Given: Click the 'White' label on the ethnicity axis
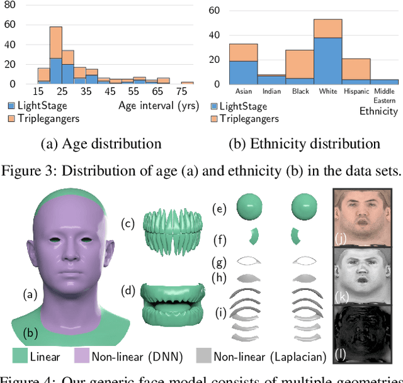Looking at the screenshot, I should tap(327, 91).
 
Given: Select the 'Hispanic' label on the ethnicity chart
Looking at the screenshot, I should tap(356, 91).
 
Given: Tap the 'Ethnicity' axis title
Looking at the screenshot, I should tap(378, 111).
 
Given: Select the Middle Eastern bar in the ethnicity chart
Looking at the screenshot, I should tap(383, 82).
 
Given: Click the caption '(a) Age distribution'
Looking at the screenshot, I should tap(101, 143).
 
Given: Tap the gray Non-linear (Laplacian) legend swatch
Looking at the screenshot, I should tap(203, 357).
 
